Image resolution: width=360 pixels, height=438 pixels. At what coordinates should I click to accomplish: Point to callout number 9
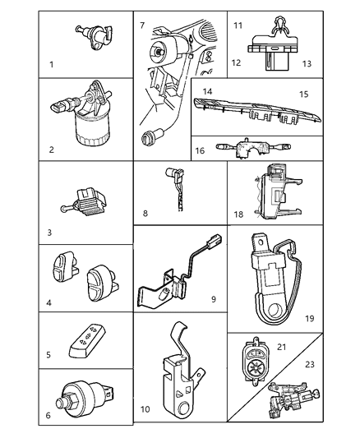click(213, 298)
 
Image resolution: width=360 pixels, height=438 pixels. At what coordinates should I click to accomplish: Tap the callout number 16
click(200, 151)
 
